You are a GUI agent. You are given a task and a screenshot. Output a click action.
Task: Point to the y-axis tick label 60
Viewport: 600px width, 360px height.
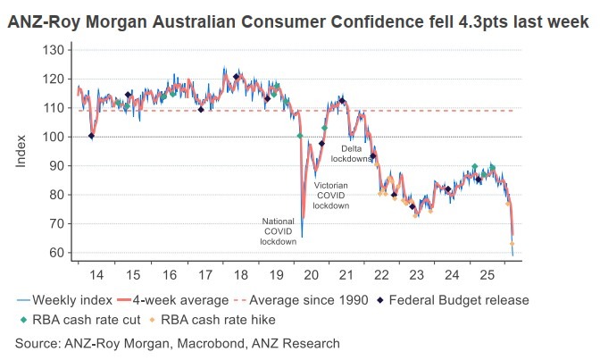pyautogui.click(x=56, y=253)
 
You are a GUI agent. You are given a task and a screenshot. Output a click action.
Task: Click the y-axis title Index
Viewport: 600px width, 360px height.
pyautogui.click(x=21, y=149)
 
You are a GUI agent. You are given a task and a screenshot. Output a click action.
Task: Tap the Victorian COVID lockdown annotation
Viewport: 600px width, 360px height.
pyautogui.click(x=330, y=195)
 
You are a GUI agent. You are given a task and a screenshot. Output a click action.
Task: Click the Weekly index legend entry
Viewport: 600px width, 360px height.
pyautogui.click(x=62, y=300)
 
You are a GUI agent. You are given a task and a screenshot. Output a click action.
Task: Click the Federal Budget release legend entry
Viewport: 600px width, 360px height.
pyautogui.click(x=455, y=300)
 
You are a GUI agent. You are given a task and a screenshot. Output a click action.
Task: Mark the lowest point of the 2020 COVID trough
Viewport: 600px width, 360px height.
pyautogui.click(x=302, y=236)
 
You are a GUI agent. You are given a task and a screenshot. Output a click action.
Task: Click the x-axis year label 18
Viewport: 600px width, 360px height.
pyautogui.click(x=240, y=274)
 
